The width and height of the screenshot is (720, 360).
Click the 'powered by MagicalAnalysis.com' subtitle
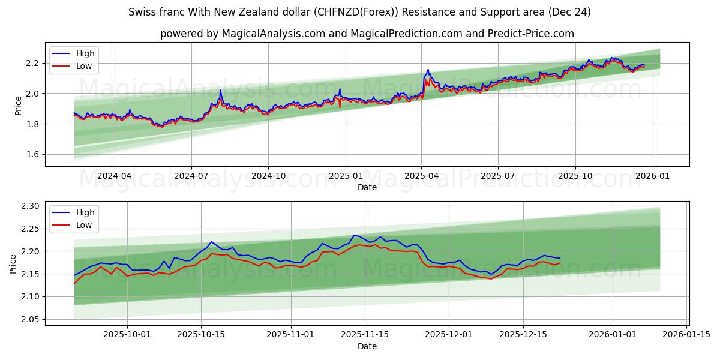coord(367,34)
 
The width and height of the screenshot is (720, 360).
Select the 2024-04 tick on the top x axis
coord(114,176)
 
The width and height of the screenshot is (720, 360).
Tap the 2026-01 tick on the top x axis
coord(653,176)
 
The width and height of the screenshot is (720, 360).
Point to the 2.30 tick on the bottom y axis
coord(30,206)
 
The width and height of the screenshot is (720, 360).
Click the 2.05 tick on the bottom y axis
coord(30,319)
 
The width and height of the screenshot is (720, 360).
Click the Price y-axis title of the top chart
coord(18,105)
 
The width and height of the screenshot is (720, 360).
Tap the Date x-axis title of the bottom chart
coord(367,346)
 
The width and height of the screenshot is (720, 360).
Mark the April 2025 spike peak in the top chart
coord(428,70)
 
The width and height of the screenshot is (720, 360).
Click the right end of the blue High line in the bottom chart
coord(560,258)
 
